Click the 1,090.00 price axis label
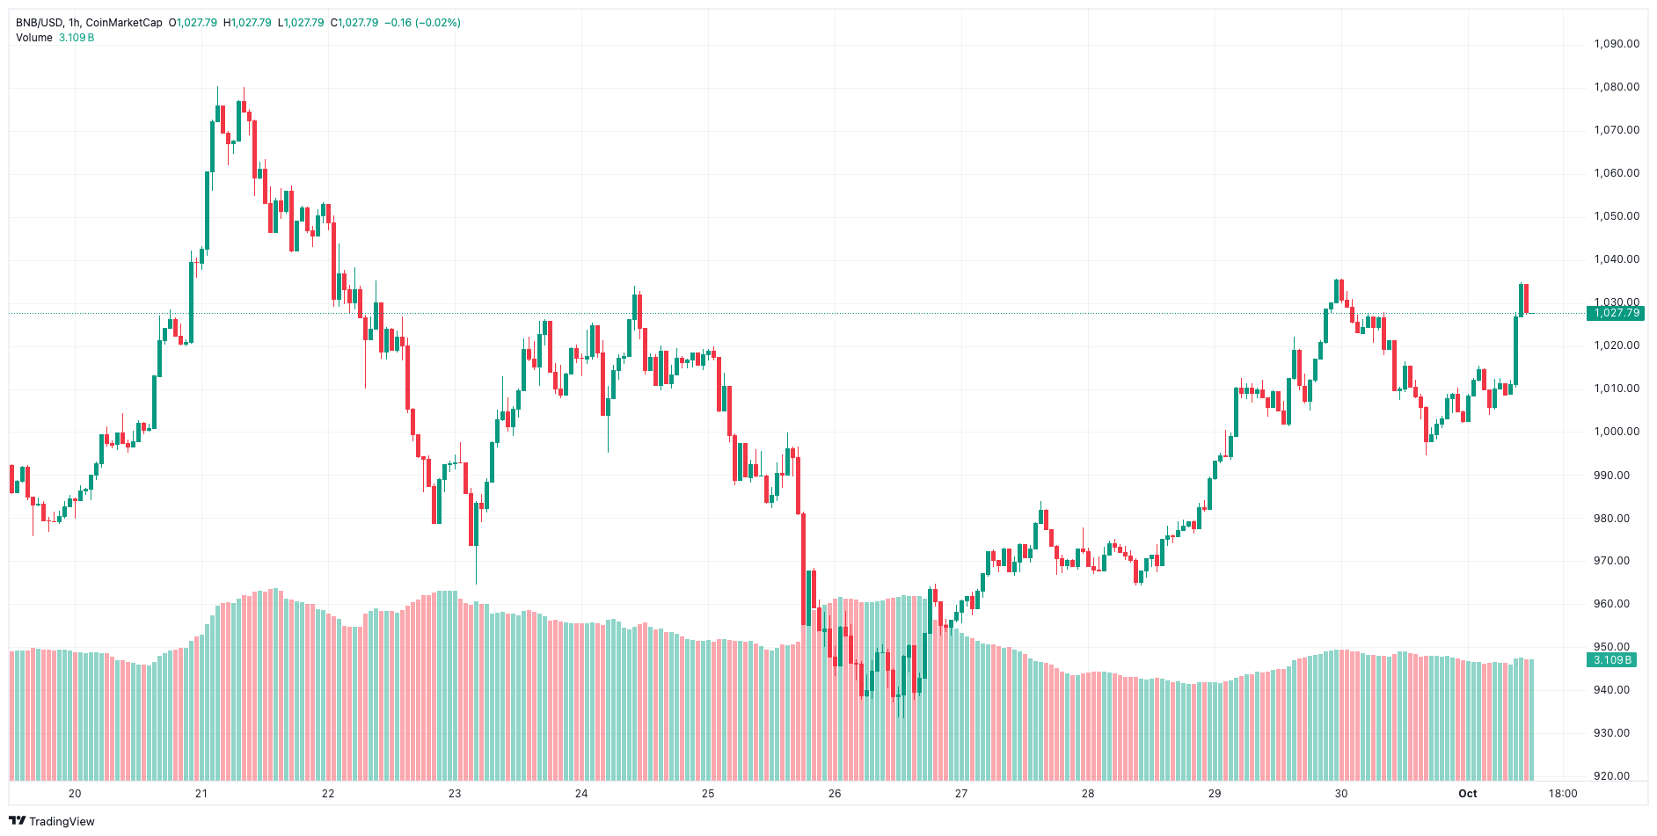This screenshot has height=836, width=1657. [1617, 44]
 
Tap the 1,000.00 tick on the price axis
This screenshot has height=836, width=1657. [1617, 432]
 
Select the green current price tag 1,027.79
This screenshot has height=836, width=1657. [1616, 313]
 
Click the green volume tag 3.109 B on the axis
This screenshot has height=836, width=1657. [1612, 660]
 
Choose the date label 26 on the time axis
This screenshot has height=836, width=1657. [835, 794]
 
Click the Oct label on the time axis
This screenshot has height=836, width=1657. [1468, 794]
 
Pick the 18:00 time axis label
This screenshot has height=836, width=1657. [1563, 794]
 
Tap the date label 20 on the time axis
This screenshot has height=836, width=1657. [75, 794]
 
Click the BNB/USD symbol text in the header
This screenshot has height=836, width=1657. [40, 23]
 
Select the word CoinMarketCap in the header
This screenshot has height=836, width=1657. [124, 23]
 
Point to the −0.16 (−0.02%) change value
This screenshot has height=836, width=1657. [422, 23]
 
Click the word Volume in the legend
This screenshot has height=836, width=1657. [34, 38]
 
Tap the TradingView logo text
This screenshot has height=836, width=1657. [62, 821]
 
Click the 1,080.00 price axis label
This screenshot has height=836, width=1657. [1617, 87]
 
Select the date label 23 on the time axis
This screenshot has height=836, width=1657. [455, 794]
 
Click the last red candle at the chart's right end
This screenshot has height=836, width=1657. [1526, 298]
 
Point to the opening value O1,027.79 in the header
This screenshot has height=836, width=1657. [193, 23]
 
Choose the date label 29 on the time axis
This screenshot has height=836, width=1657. [1215, 794]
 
